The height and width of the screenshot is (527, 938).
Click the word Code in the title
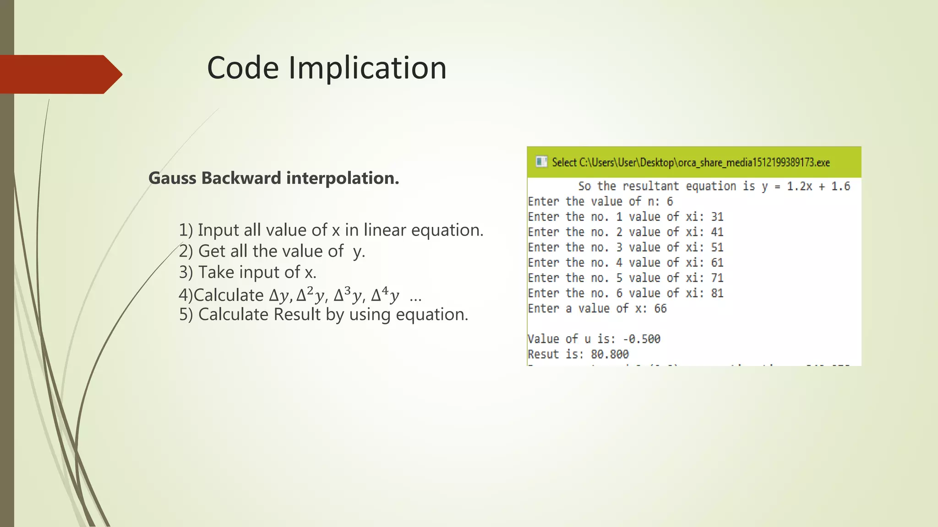243,68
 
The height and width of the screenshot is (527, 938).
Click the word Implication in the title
367,68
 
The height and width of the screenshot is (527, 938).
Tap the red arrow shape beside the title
60,75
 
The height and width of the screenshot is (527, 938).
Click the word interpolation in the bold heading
342,178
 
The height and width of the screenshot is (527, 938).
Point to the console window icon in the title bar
541,162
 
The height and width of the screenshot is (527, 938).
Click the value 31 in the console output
717,217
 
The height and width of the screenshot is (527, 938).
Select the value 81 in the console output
717,293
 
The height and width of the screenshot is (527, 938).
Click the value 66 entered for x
660,309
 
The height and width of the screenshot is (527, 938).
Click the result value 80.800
610,355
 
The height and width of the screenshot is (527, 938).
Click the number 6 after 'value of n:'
670,202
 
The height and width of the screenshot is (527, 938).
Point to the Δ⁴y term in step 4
385,295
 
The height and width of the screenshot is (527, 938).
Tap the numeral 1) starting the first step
185,230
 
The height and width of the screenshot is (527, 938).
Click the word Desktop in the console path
657,162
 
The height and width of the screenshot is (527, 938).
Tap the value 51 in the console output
717,247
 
